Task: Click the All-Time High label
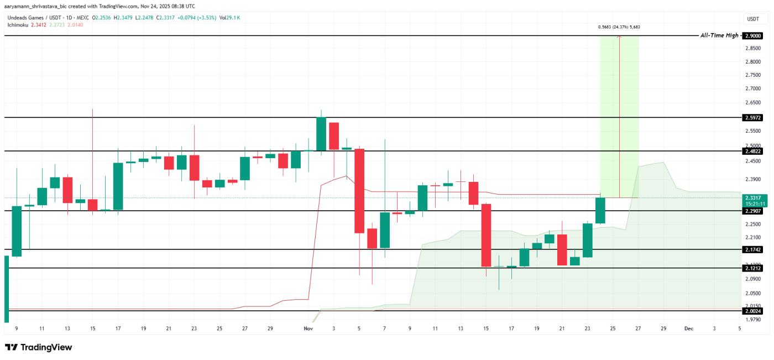(x=719, y=35)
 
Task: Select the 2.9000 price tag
(x=753, y=35)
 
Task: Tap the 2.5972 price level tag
(x=753, y=117)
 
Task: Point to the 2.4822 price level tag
(x=753, y=150)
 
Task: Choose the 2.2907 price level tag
(x=753, y=211)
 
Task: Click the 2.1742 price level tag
(x=753, y=249)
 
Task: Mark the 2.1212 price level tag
(x=753, y=268)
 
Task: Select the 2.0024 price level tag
(x=753, y=311)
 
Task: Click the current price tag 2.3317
(x=753, y=197)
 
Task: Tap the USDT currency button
(x=753, y=19)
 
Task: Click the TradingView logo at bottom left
(x=39, y=347)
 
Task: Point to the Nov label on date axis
(x=308, y=328)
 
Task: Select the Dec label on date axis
(x=688, y=328)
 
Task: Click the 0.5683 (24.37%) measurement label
(x=619, y=27)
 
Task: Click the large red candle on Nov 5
(x=359, y=190)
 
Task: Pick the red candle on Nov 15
(x=487, y=235)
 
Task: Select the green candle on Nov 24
(x=600, y=211)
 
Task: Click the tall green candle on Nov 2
(x=321, y=133)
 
